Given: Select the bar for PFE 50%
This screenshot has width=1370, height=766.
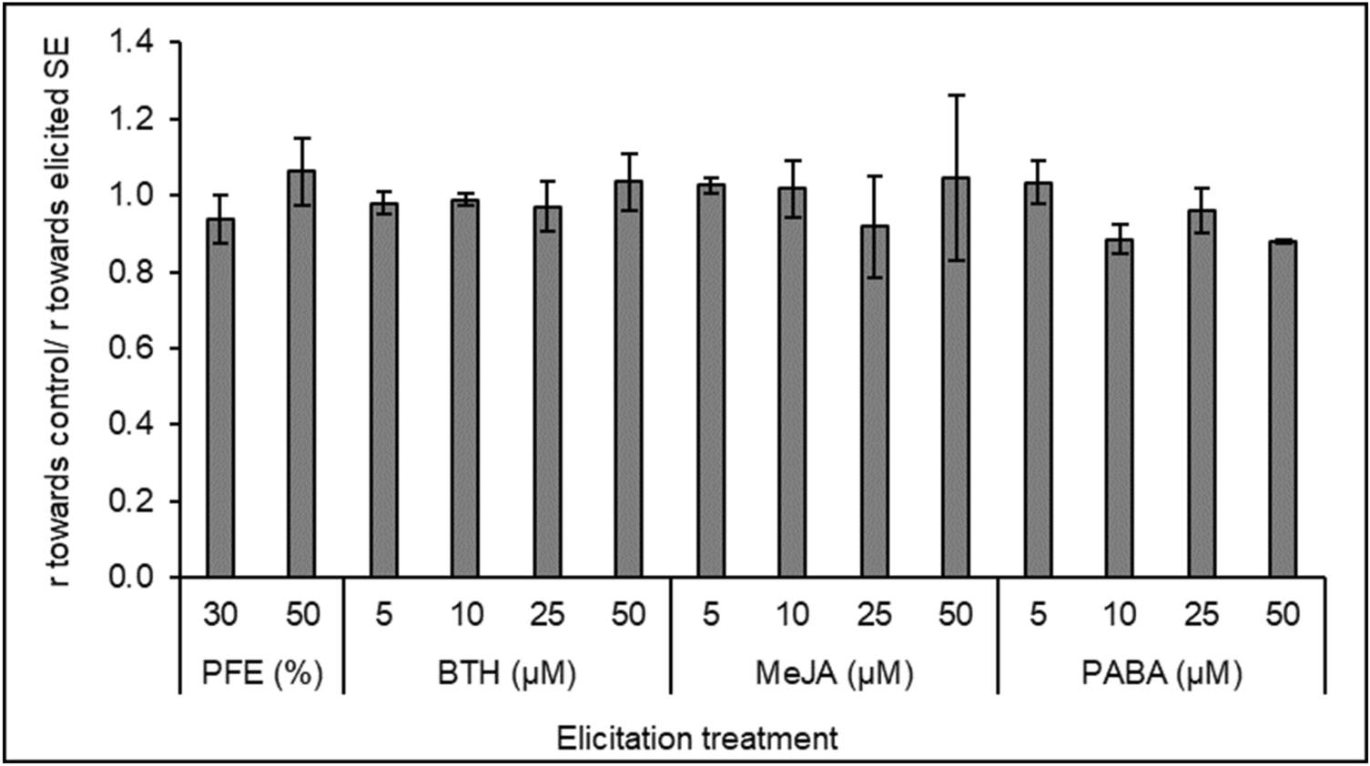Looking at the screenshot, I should click(301, 374).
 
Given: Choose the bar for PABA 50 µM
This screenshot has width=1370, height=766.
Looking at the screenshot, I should click(1283, 408).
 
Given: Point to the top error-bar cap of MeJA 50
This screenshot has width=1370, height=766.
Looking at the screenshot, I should click(956, 95).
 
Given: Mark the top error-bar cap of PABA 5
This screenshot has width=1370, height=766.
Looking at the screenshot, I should click(1038, 160).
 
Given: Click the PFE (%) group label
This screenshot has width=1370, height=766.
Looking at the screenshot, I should click(262, 674).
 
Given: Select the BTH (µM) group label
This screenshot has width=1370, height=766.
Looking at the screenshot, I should click(507, 674).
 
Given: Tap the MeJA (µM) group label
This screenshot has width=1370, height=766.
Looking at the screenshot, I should click(835, 674).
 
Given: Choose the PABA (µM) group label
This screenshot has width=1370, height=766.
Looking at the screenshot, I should click(1162, 674).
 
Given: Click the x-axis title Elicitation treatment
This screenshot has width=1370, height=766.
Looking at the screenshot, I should click(697, 738).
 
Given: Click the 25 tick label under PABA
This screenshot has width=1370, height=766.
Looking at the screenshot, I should click(1201, 615).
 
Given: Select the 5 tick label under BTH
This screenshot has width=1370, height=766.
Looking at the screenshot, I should click(383, 615).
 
